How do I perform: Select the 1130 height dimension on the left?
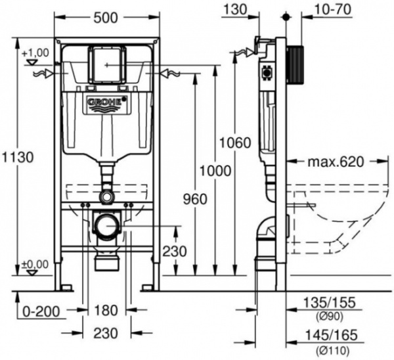point(18,158)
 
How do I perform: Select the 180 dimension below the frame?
point(106,309)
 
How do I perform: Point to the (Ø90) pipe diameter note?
point(330,315)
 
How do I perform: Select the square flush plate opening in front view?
point(105,63)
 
